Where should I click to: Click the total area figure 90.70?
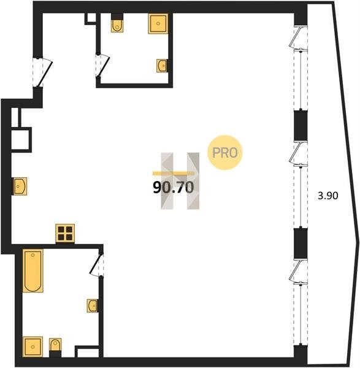[x=174, y=188]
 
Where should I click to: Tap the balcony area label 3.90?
[x=328, y=196]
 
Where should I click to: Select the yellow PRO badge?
[x=224, y=153]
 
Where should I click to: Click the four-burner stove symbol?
[x=65, y=233]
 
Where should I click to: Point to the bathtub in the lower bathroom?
[x=33, y=270]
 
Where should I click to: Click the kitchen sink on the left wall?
[x=20, y=186]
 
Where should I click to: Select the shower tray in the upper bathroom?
[x=158, y=23]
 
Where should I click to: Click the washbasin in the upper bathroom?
[x=162, y=66]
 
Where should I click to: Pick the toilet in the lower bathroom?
[x=55, y=345]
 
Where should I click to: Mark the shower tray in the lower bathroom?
[x=33, y=347]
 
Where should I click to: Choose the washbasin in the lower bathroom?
[x=92, y=305]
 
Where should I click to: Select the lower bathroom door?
[x=96, y=264]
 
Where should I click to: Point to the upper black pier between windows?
[x=301, y=126]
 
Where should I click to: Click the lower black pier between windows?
[x=301, y=243]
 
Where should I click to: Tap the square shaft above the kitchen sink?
[x=21, y=140]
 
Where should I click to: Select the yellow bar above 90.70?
[x=174, y=174]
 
